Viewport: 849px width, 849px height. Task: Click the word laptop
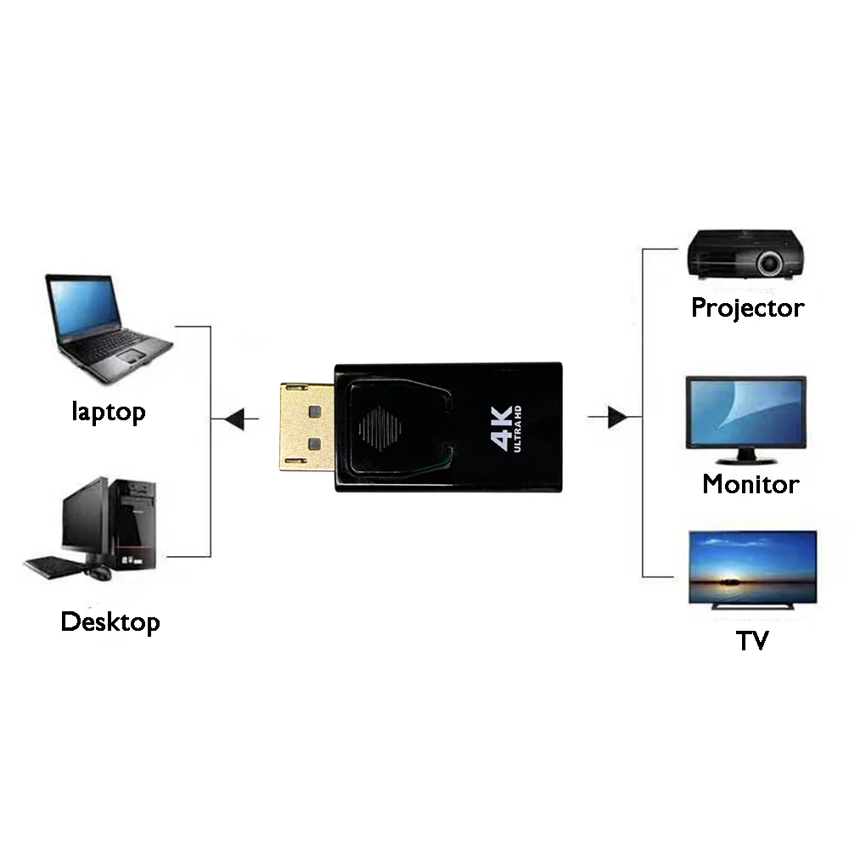[x=109, y=412]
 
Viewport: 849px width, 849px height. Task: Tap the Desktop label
[x=110, y=621]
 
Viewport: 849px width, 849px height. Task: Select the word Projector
[x=748, y=308]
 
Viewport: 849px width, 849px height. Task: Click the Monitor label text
[x=751, y=484]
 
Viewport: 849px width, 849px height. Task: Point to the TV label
[x=752, y=641]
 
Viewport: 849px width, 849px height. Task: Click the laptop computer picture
[x=109, y=328]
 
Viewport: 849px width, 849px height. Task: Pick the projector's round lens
[x=769, y=264]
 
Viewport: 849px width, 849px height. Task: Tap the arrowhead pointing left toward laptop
[x=235, y=419]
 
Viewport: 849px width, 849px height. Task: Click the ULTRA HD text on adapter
[x=517, y=429]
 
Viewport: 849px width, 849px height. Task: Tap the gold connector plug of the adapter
[x=307, y=427]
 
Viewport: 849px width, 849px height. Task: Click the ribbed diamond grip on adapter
[x=380, y=428]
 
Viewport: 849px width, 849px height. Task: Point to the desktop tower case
[x=132, y=524]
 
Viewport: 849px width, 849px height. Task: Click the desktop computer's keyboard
[x=53, y=567]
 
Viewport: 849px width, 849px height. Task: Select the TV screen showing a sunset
[x=752, y=567]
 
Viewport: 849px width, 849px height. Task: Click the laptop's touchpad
[x=132, y=356]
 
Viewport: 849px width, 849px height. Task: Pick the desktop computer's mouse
[x=98, y=573]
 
